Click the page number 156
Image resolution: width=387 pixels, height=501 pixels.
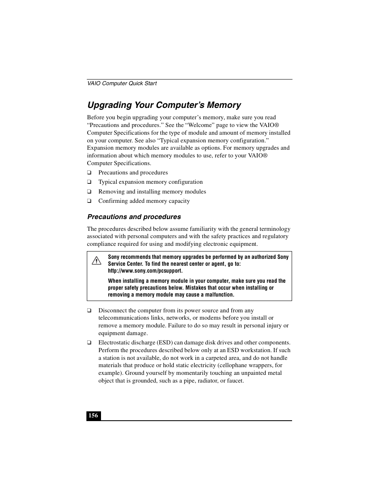click(x=93, y=415)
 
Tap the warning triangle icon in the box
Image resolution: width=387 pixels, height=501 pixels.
click(x=97, y=260)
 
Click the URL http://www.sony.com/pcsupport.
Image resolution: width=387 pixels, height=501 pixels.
click(x=145, y=271)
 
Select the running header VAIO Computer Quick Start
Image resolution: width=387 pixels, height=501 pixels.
click(x=122, y=83)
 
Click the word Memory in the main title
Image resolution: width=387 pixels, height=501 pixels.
click(x=224, y=105)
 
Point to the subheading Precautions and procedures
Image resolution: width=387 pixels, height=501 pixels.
click(x=134, y=217)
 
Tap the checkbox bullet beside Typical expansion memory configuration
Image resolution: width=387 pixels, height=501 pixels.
click(x=89, y=182)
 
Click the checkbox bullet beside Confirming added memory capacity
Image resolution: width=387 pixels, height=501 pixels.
click(x=89, y=201)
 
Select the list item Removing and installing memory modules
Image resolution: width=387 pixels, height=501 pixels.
click(x=152, y=191)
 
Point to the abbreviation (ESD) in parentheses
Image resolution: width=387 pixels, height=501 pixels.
click(x=165, y=342)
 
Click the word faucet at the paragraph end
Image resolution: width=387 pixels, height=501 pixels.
click(x=235, y=381)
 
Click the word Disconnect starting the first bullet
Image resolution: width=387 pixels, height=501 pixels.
click(x=112, y=310)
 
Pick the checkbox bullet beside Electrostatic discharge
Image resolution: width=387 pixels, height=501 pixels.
click(x=89, y=343)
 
